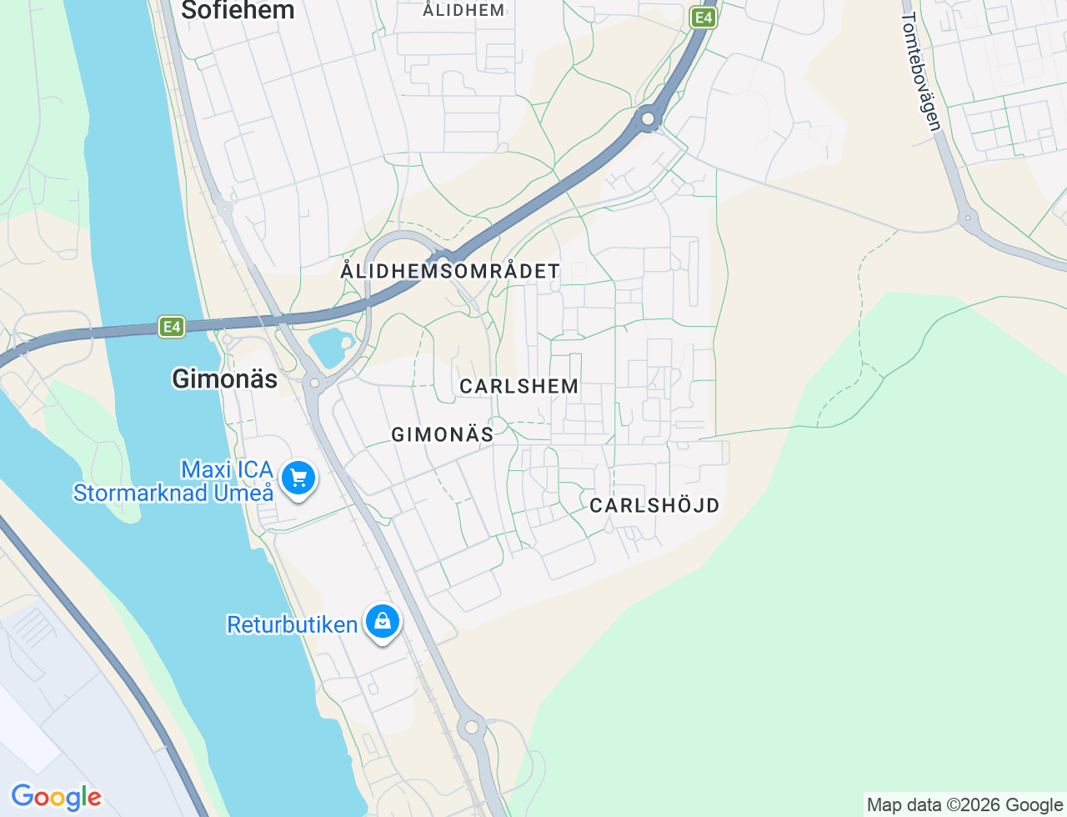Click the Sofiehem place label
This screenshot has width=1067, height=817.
coord(238,11)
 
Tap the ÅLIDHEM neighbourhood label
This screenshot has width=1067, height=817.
coord(463,11)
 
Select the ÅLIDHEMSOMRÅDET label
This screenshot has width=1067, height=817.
coord(450,271)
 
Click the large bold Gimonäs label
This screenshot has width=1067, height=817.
coord(224,379)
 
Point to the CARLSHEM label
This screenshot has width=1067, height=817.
coord(518,386)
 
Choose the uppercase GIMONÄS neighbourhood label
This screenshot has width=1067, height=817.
coord(442,434)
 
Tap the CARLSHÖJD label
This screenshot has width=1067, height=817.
coord(654,505)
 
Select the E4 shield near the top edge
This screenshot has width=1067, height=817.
coord(704,18)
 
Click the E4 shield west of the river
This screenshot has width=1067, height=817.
coord(172,327)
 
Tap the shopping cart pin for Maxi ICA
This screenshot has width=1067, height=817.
coord(298,479)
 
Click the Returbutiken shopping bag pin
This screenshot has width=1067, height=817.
coord(383,621)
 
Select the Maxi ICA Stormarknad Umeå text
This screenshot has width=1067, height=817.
coord(173,482)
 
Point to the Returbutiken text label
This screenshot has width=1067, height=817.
coord(292,624)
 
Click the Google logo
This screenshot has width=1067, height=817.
coord(56,797)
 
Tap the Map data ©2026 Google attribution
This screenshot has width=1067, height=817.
coord(964,804)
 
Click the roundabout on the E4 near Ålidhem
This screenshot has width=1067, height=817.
coord(648,119)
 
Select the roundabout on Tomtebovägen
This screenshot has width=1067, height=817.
coord(968,219)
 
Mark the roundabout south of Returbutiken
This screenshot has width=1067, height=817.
coord(472,727)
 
